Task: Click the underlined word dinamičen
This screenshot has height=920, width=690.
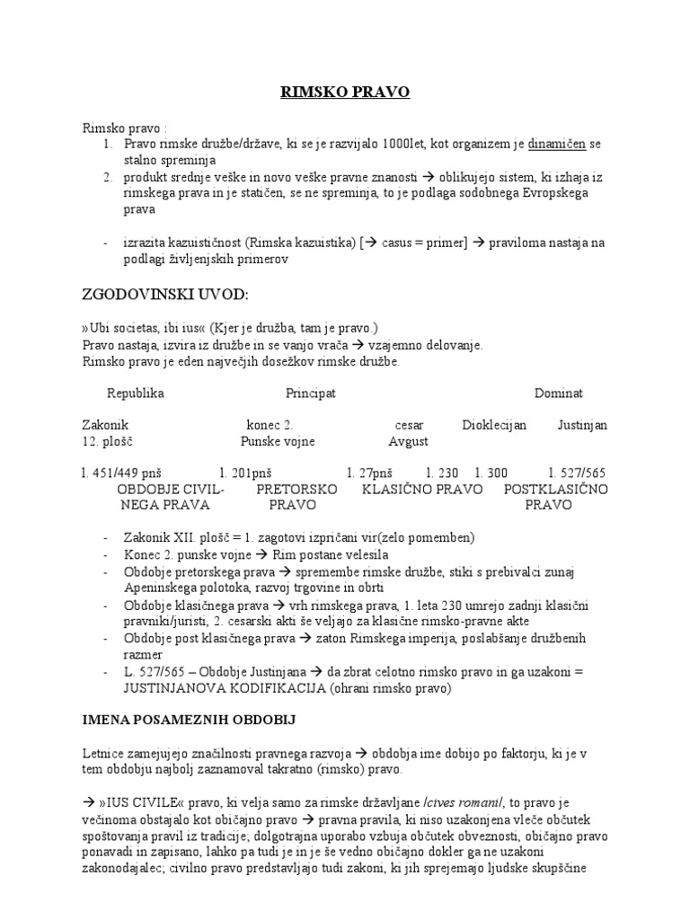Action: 557,143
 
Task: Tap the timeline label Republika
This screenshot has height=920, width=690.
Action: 136,394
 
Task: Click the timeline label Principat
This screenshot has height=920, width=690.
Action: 311,394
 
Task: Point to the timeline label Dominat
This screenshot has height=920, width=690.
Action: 559,394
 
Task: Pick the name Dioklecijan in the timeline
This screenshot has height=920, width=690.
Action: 494,425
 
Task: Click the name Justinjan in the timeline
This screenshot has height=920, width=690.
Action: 582,425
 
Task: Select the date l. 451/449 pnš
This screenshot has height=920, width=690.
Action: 120,473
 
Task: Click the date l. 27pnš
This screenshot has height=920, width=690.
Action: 370,473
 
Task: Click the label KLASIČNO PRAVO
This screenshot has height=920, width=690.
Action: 422,489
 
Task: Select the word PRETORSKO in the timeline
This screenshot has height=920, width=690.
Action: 296,489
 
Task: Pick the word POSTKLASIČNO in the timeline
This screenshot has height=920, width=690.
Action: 556,489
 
